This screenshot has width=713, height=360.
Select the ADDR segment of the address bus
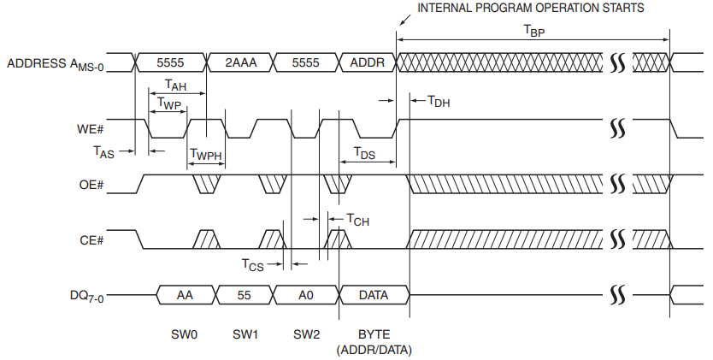coord(367,62)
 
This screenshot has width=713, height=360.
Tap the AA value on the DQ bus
coord(183,294)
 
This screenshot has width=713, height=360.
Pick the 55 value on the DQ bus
coord(243,294)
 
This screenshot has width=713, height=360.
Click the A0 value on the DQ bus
coord(304,294)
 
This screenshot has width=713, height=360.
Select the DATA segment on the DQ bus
coord(373,294)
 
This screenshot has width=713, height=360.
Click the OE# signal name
coord(90,183)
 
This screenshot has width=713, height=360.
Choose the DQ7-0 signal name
coord(86,296)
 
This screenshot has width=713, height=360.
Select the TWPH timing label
coord(205,155)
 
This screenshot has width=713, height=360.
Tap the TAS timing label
coord(103,151)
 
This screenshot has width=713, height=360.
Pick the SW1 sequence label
coord(245,333)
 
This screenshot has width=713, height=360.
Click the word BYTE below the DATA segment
coord(373,333)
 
